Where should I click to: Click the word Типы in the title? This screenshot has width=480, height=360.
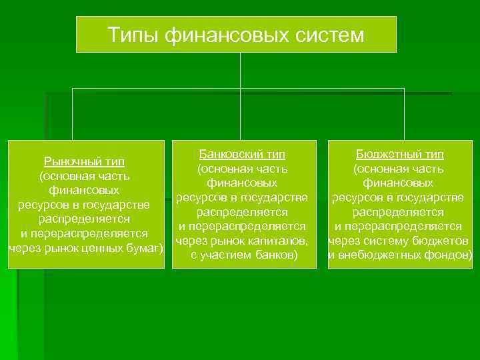coord(131,34)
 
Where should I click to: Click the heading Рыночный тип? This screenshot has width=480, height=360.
coord(84,161)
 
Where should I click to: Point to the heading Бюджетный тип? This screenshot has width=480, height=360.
coord(399,154)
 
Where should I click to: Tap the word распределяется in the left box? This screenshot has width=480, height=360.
coord(84,219)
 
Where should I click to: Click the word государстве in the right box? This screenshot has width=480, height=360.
coord(433,197)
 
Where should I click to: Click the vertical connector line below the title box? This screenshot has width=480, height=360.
coord(240,70)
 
